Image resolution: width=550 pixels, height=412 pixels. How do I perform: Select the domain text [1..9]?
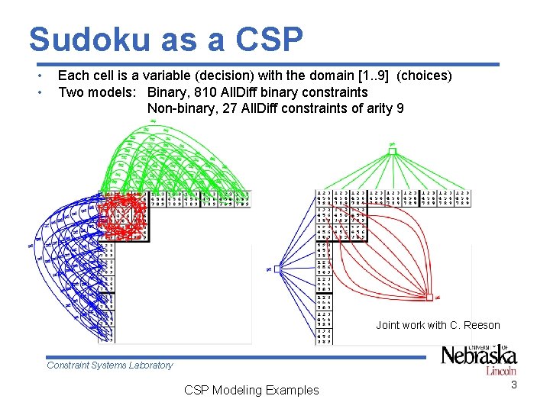coord(375,76)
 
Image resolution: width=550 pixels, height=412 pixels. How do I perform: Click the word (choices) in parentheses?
coord(425,76)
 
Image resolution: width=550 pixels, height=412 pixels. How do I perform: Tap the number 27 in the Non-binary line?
coord(240,108)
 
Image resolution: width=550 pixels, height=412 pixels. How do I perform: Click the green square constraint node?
coord(392,151)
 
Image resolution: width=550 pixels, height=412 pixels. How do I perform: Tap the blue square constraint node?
coord(278,269)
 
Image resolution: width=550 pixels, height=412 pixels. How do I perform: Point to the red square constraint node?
coord(430,297)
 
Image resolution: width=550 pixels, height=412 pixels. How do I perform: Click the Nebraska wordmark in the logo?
coord(480,356)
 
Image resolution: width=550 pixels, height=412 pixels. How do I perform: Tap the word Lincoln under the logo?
coord(500,371)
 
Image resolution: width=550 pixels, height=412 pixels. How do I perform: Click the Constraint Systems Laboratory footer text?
coord(110,365)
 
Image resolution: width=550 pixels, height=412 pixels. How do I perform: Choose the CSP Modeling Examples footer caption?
coord(251,390)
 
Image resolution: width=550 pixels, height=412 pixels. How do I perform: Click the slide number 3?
coord(514,385)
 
